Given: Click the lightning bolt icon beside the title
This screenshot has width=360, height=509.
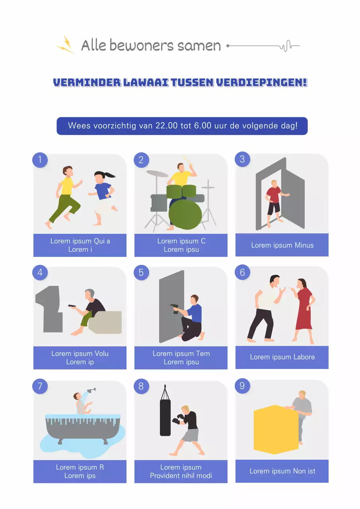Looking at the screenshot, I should [66, 45].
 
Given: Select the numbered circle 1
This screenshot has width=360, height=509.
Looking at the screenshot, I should [40, 160].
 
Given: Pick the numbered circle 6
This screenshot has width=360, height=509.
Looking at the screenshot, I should [243, 272].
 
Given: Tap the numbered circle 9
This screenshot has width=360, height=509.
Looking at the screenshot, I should [243, 386].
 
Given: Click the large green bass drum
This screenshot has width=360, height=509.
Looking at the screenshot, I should [185, 214].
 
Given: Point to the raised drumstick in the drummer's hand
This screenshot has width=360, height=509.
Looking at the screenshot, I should [187, 161].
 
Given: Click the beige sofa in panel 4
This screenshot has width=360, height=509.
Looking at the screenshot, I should [106, 322].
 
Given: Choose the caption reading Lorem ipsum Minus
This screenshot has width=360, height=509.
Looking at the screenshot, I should [282, 245].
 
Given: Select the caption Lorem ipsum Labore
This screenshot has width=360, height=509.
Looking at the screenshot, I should [282, 357].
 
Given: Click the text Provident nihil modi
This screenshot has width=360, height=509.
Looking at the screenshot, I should [181, 476].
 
